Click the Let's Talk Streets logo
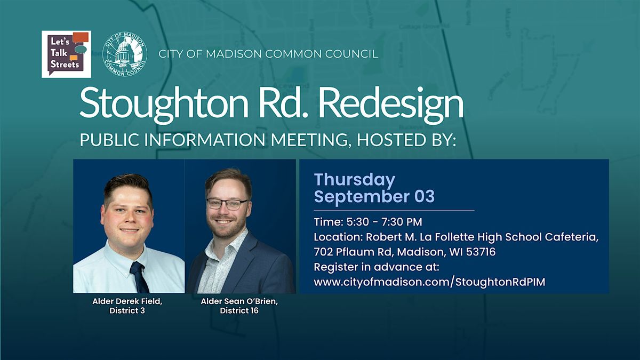(66, 54)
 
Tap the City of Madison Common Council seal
(125, 54)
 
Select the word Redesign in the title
(391, 105)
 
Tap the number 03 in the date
(425, 196)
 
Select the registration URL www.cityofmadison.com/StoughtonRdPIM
(429, 282)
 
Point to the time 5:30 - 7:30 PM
(384, 222)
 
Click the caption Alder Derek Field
(127, 301)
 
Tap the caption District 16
(239, 310)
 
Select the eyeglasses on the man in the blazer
(227, 204)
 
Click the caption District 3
(127, 310)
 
